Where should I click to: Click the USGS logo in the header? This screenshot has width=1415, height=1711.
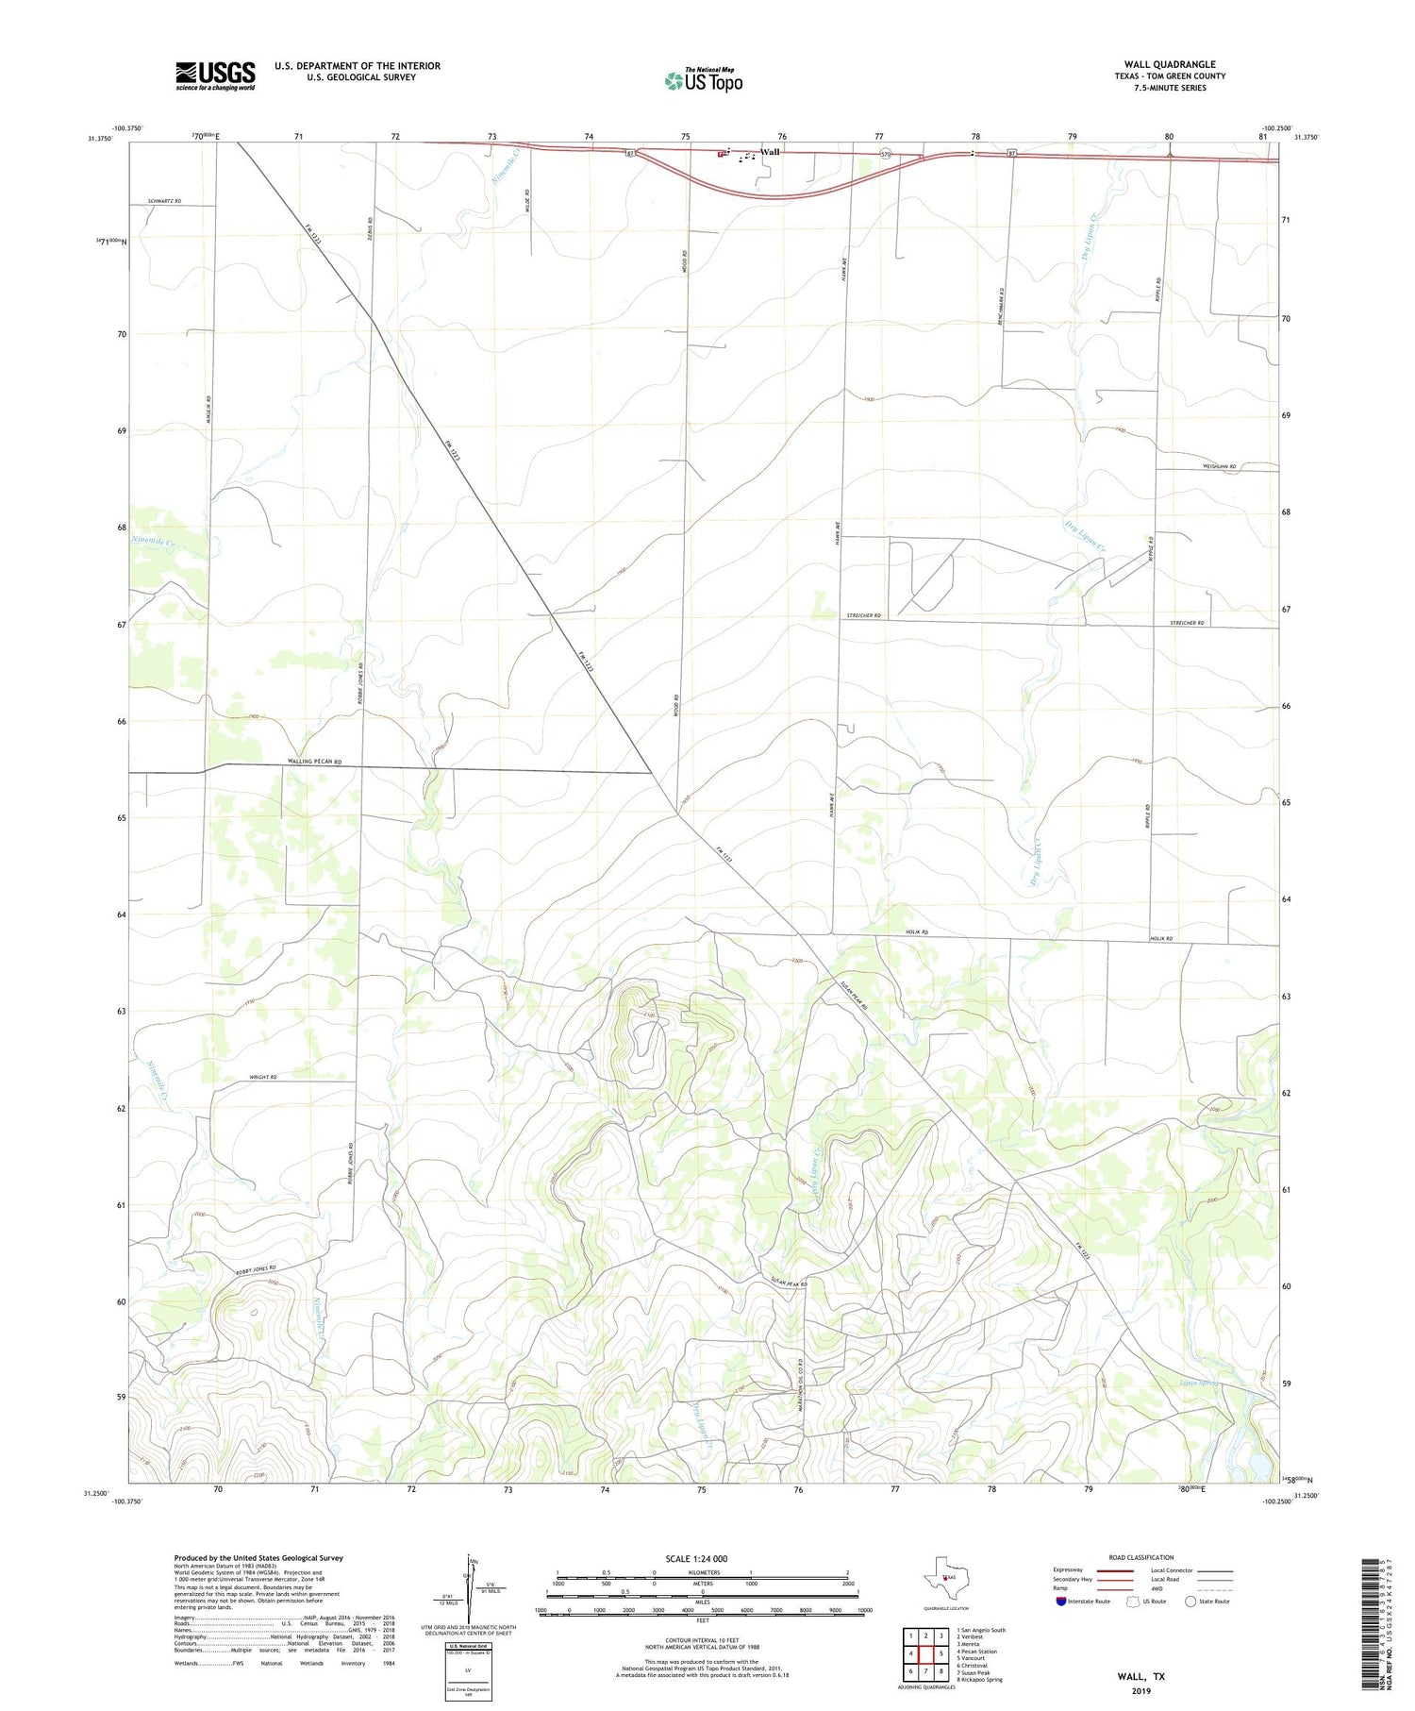[x=215, y=75]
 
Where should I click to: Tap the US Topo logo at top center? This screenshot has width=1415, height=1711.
[x=703, y=81]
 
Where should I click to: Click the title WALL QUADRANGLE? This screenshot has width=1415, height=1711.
[x=1169, y=64]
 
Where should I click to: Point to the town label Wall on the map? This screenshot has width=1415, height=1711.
[x=770, y=152]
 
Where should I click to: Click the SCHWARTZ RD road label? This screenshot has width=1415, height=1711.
[x=163, y=202]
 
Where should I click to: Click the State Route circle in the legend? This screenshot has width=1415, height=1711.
[x=1190, y=1602]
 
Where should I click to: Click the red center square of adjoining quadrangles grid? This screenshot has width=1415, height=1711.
[x=927, y=1653]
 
